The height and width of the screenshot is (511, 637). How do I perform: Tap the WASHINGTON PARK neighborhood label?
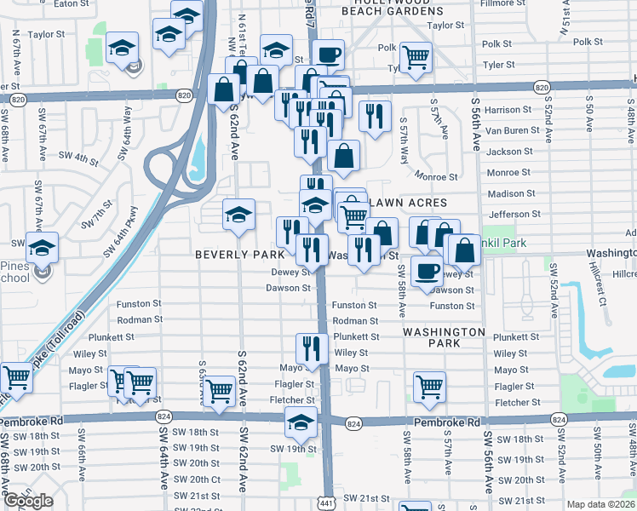(444, 337)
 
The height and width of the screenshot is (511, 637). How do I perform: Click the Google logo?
(28, 501)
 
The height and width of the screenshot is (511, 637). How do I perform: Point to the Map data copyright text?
(601, 503)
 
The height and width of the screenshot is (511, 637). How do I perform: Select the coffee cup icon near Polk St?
(329, 55)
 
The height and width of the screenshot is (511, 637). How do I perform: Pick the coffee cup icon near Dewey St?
(427, 272)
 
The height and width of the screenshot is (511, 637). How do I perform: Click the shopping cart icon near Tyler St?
(416, 58)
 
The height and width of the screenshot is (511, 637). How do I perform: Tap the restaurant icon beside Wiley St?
(312, 347)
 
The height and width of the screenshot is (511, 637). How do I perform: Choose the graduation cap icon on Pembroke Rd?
(301, 422)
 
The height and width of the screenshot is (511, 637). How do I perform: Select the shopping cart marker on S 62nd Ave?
(220, 392)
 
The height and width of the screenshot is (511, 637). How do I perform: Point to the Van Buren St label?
(509, 130)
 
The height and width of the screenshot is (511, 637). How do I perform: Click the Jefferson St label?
(514, 215)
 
